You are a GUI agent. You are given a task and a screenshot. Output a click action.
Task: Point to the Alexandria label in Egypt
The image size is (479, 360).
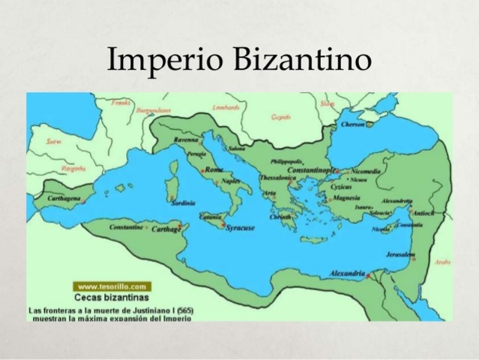tap(347, 273)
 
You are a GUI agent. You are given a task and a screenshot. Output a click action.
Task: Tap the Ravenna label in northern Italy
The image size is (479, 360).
tap(187, 139)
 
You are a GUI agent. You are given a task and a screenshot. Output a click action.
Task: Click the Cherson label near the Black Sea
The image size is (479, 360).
tap(353, 124)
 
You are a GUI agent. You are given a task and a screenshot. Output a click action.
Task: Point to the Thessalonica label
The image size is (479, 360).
tap(278, 178)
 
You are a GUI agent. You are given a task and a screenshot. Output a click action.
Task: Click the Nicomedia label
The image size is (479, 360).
tap(366, 171)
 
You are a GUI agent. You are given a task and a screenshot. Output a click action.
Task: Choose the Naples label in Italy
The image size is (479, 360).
tap(231, 181)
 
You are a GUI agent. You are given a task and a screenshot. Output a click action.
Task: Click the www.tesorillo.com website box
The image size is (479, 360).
tap(112, 286)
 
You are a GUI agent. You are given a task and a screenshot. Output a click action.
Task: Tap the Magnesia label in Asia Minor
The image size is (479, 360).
tap(346, 198)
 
